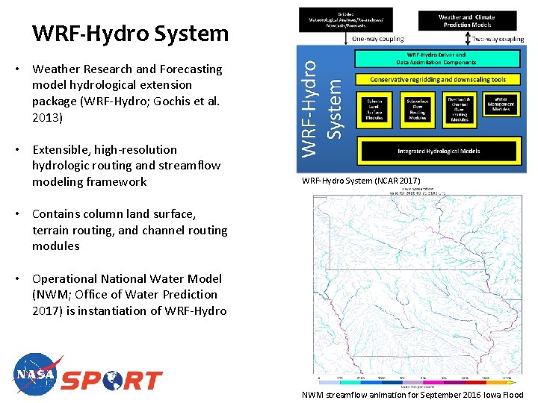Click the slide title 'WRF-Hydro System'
pos(130,34)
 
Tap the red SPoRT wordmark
pos(111,380)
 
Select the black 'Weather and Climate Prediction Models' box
pos(466,20)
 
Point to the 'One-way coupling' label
pos(377,39)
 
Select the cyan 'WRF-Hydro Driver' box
pos(436,59)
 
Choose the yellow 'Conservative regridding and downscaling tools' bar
pos(436,79)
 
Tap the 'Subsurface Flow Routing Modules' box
pos(417,108)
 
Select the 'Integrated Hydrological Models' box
pos(438,151)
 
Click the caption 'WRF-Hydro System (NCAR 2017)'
pos(361,181)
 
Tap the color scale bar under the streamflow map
pos(415,381)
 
